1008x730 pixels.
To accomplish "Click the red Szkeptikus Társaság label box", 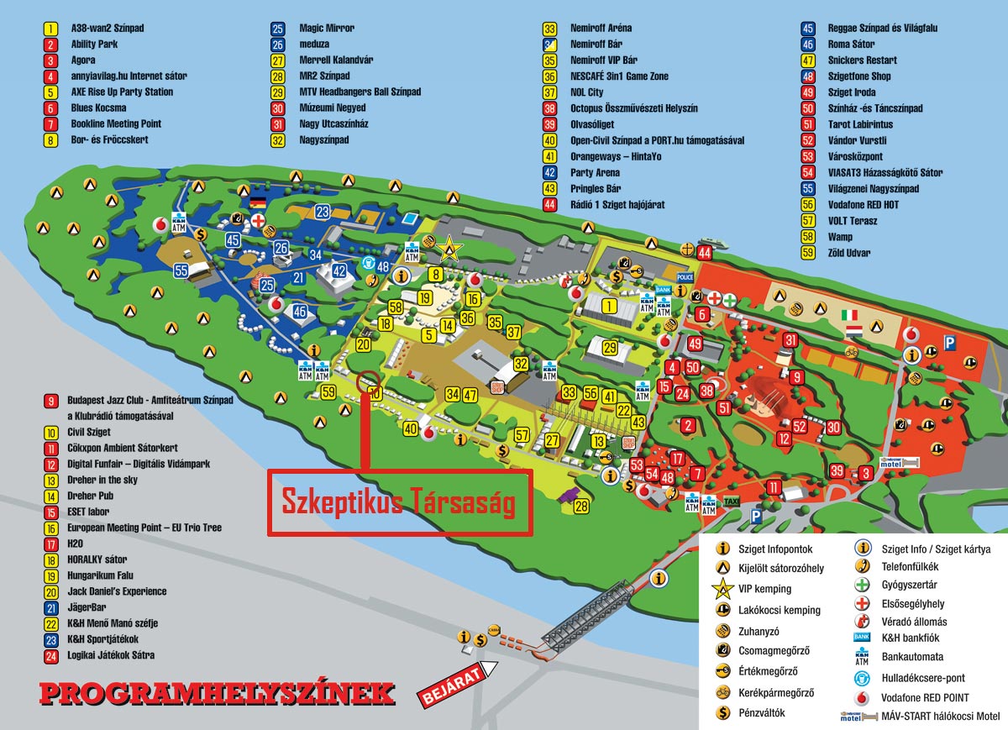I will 399,502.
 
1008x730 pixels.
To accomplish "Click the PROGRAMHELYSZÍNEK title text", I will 217,693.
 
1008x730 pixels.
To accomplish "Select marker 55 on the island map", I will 181,270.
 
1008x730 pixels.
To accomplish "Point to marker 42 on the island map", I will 339,270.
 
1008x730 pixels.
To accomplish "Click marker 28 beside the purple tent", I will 582,506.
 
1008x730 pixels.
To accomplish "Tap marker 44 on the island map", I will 704,252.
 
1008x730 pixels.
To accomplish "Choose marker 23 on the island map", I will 323,211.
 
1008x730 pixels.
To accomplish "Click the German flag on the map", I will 257,202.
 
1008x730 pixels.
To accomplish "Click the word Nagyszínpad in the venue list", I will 324,140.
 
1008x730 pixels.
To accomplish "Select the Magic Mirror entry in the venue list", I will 327,28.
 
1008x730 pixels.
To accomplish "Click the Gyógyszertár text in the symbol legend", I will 909,585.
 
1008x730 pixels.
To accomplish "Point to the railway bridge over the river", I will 588,618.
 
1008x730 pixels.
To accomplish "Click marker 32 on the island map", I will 521,364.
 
